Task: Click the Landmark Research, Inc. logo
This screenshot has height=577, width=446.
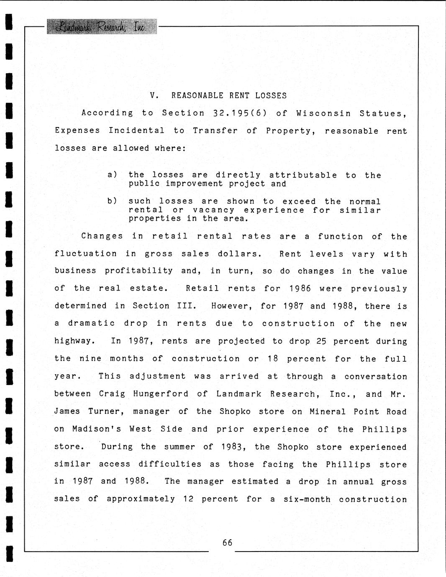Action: click(x=102, y=27)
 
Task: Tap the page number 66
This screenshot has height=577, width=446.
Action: click(x=227, y=542)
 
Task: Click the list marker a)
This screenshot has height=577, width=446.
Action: click(x=112, y=174)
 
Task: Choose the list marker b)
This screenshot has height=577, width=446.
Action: click(x=112, y=201)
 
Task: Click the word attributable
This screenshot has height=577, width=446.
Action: click(x=303, y=175)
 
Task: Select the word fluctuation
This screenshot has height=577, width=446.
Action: click(x=86, y=254)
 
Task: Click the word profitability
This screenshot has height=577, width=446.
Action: click(x=138, y=271)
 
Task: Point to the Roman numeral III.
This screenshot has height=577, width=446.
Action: click(x=187, y=306)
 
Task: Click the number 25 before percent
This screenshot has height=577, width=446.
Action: click(x=321, y=341)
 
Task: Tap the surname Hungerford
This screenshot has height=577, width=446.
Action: click(x=161, y=394)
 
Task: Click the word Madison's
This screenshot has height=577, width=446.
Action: click(x=96, y=429)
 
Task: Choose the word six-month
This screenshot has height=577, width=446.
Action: click(x=307, y=499)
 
